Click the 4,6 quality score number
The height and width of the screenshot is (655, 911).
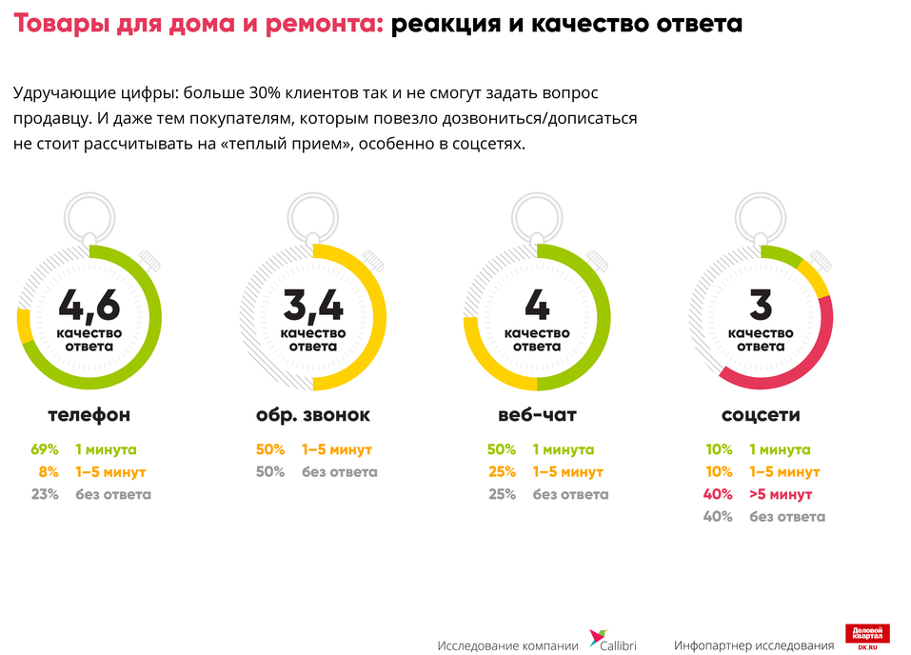point(89,306)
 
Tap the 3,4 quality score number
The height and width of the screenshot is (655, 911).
point(313,306)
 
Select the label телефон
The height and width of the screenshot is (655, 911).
point(89,415)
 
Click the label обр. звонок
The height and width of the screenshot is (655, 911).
point(313,415)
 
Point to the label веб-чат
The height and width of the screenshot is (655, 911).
point(537,415)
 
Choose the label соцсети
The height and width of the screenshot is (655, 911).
point(761,415)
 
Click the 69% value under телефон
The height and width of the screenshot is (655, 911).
point(45,449)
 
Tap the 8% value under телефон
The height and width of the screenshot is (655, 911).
point(49,472)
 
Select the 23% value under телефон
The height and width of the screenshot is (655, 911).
point(45,494)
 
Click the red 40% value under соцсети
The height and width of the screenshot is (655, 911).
point(718,494)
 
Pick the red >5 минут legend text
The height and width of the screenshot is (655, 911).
point(781,494)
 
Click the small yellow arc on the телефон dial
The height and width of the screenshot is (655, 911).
point(23,327)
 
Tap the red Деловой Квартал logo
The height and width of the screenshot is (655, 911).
point(867,637)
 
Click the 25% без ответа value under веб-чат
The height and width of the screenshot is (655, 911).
point(501,494)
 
